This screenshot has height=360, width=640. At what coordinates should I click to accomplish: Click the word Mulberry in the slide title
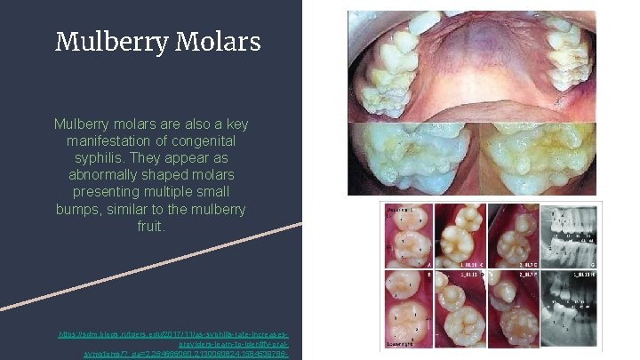[x=100, y=42]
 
